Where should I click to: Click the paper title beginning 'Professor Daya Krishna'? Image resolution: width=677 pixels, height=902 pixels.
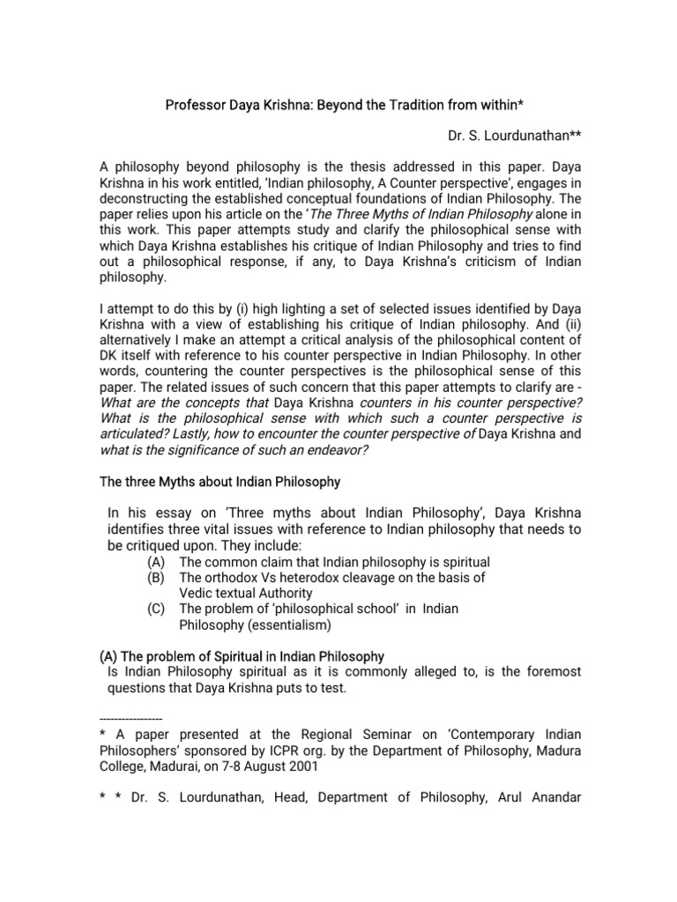click(x=345, y=106)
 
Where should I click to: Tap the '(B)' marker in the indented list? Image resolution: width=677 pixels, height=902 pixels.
click(x=157, y=578)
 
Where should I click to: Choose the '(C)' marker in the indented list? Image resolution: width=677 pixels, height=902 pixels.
click(x=157, y=610)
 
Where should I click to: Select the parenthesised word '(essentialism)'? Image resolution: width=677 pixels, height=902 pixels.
click(x=286, y=625)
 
